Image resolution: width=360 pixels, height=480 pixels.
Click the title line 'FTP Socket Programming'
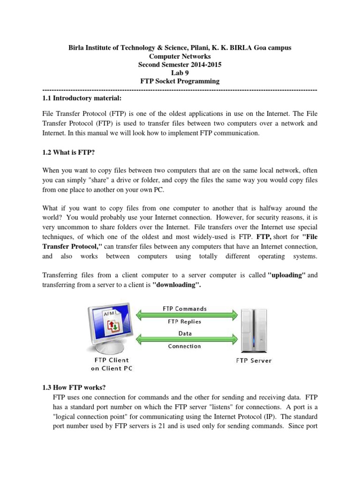click(x=180, y=81)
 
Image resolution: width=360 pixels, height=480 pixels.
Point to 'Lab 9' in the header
click(x=180, y=73)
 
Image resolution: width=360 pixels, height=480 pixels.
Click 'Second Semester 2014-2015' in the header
click(x=180, y=64)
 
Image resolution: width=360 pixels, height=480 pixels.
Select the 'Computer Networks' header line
click(x=180, y=56)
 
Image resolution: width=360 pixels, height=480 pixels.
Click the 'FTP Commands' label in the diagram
click(x=184, y=309)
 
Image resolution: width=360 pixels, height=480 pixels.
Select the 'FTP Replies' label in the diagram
click(x=184, y=322)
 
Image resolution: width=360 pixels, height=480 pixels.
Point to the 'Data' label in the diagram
click(x=184, y=334)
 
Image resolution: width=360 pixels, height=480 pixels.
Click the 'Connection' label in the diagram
click(x=184, y=346)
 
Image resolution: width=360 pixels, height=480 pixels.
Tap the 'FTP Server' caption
click(x=253, y=360)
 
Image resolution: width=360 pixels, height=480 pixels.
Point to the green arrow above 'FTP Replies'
click(x=184, y=315)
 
